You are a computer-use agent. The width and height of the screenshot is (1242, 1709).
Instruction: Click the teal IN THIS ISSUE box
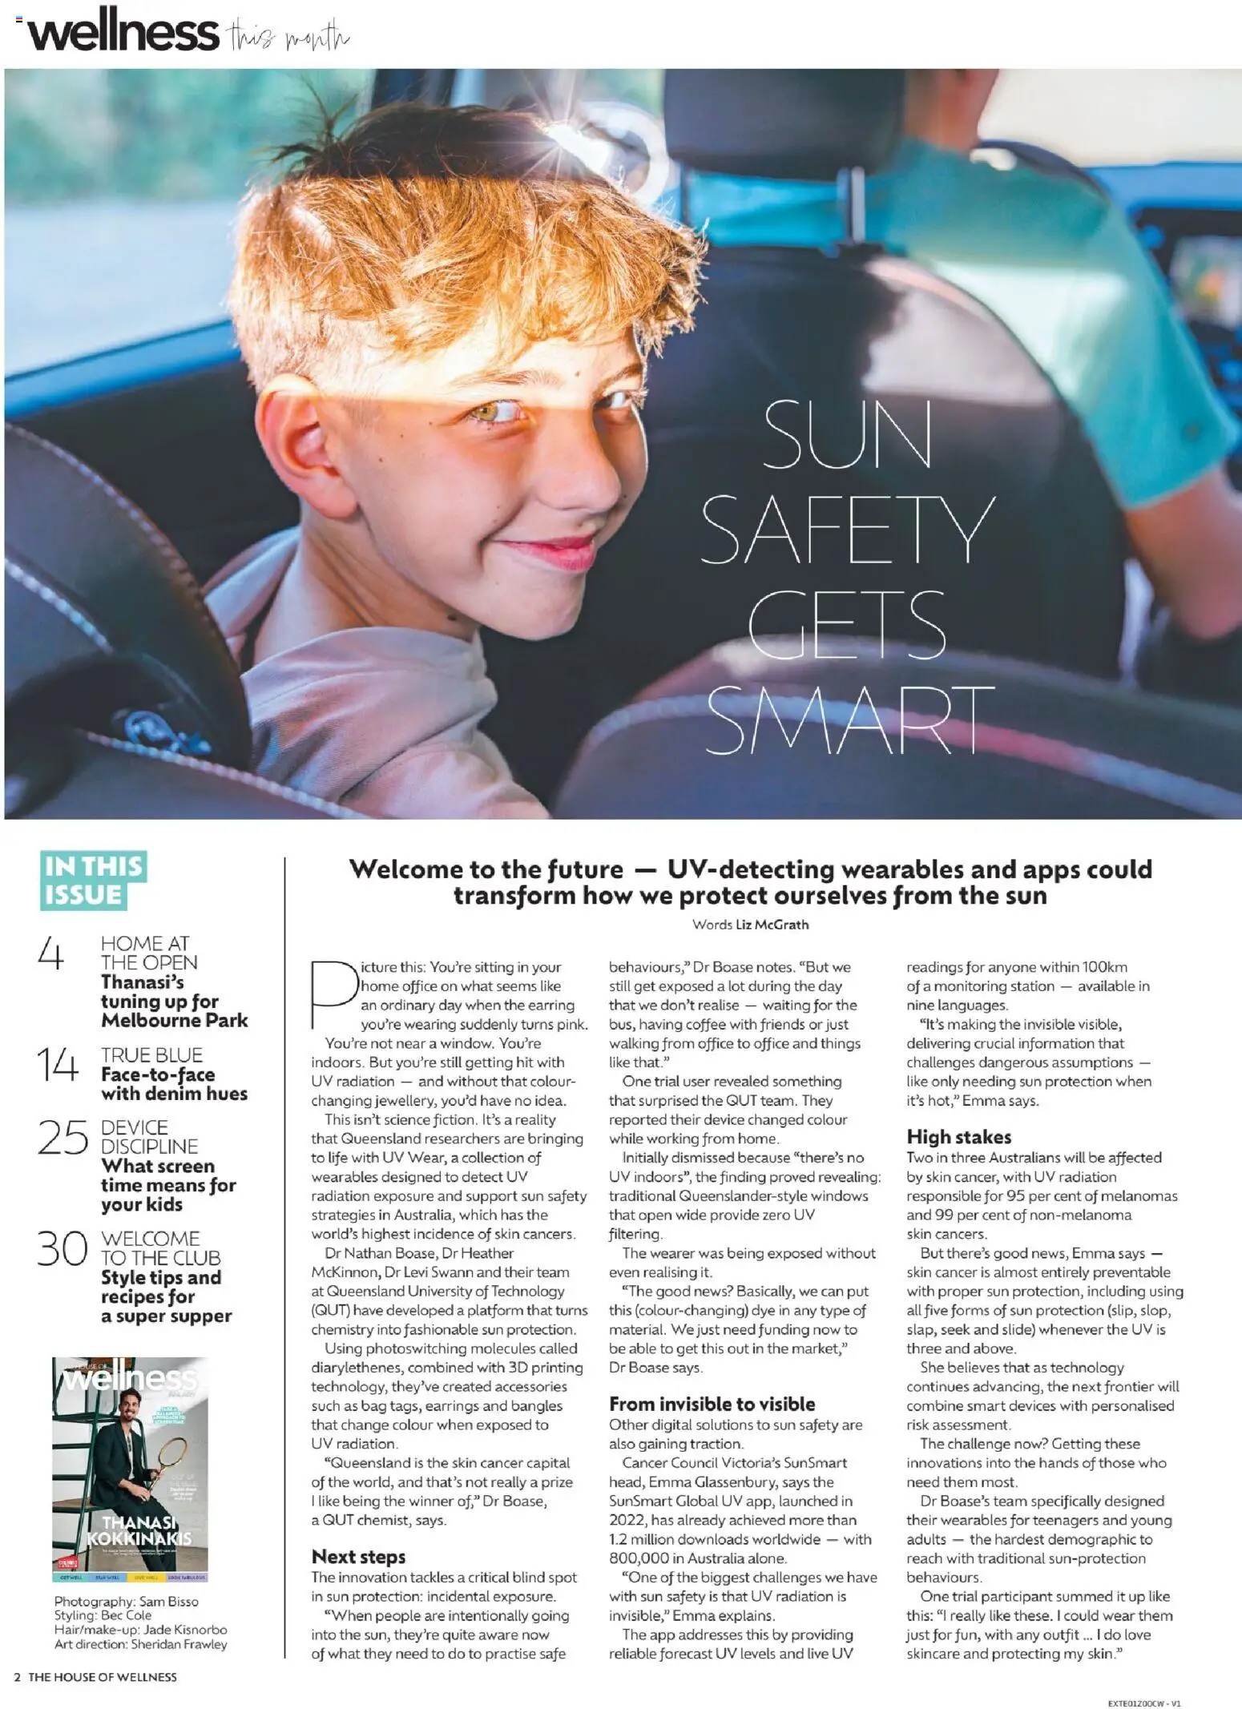(x=94, y=880)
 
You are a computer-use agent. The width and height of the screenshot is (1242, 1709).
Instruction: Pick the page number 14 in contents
(x=58, y=1065)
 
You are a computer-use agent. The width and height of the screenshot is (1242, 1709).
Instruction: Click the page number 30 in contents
(x=61, y=1248)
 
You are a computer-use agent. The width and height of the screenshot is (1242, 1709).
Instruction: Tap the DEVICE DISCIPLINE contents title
(x=149, y=1136)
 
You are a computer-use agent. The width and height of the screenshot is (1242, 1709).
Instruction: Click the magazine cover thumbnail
(x=131, y=1467)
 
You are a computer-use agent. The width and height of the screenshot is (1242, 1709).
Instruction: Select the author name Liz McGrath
(x=772, y=924)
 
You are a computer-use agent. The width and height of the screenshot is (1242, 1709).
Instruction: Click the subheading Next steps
(x=358, y=1556)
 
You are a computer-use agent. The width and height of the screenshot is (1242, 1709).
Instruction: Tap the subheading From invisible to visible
(x=712, y=1403)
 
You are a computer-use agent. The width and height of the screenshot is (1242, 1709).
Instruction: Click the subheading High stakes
(x=958, y=1136)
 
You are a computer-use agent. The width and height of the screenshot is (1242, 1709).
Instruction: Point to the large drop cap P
(x=333, y=994)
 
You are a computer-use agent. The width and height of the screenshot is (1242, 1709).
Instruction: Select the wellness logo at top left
(x=123, y=34)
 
